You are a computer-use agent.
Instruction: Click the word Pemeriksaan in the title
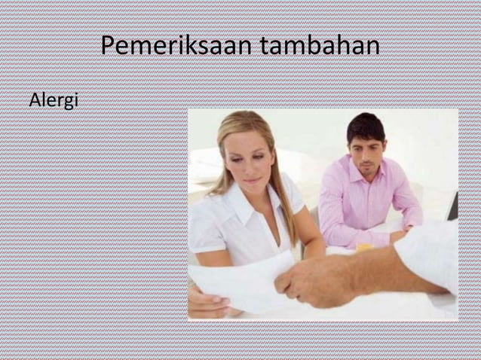click(178, 47)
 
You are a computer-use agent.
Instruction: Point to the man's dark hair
click(366, 127)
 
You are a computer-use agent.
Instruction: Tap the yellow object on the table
click(364, 246)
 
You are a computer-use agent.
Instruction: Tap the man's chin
click(366, 174)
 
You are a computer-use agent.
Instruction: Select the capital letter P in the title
click(107, 47)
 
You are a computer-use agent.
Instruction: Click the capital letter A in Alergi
click(34, 100)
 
